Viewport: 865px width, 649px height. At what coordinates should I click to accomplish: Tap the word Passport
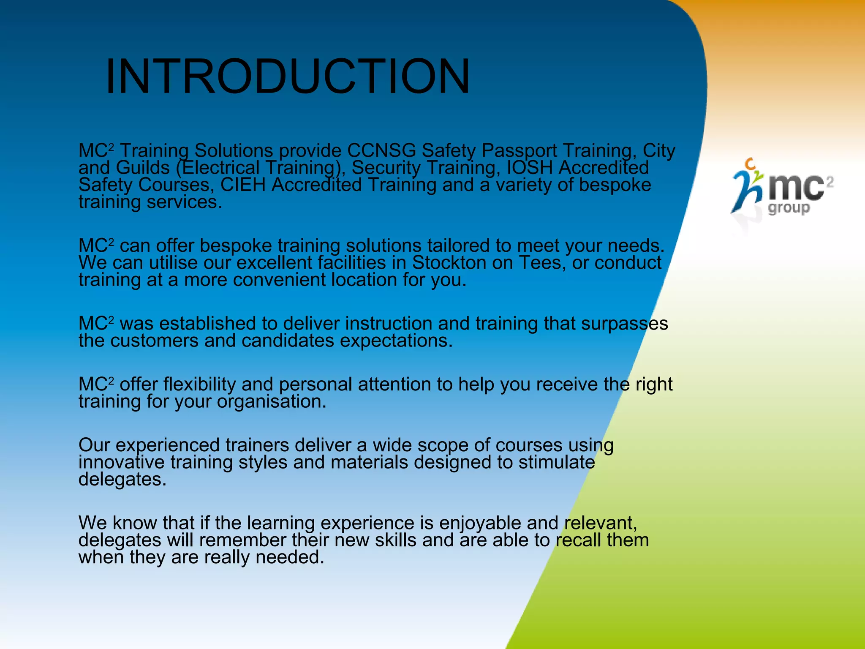[520, 151]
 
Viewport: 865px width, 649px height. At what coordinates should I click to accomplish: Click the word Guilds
[143, 168]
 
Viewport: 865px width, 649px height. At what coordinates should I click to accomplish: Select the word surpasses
[625, 324]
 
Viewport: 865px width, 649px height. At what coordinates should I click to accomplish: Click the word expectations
[396, 341]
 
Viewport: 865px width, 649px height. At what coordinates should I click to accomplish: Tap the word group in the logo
[789, 208]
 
